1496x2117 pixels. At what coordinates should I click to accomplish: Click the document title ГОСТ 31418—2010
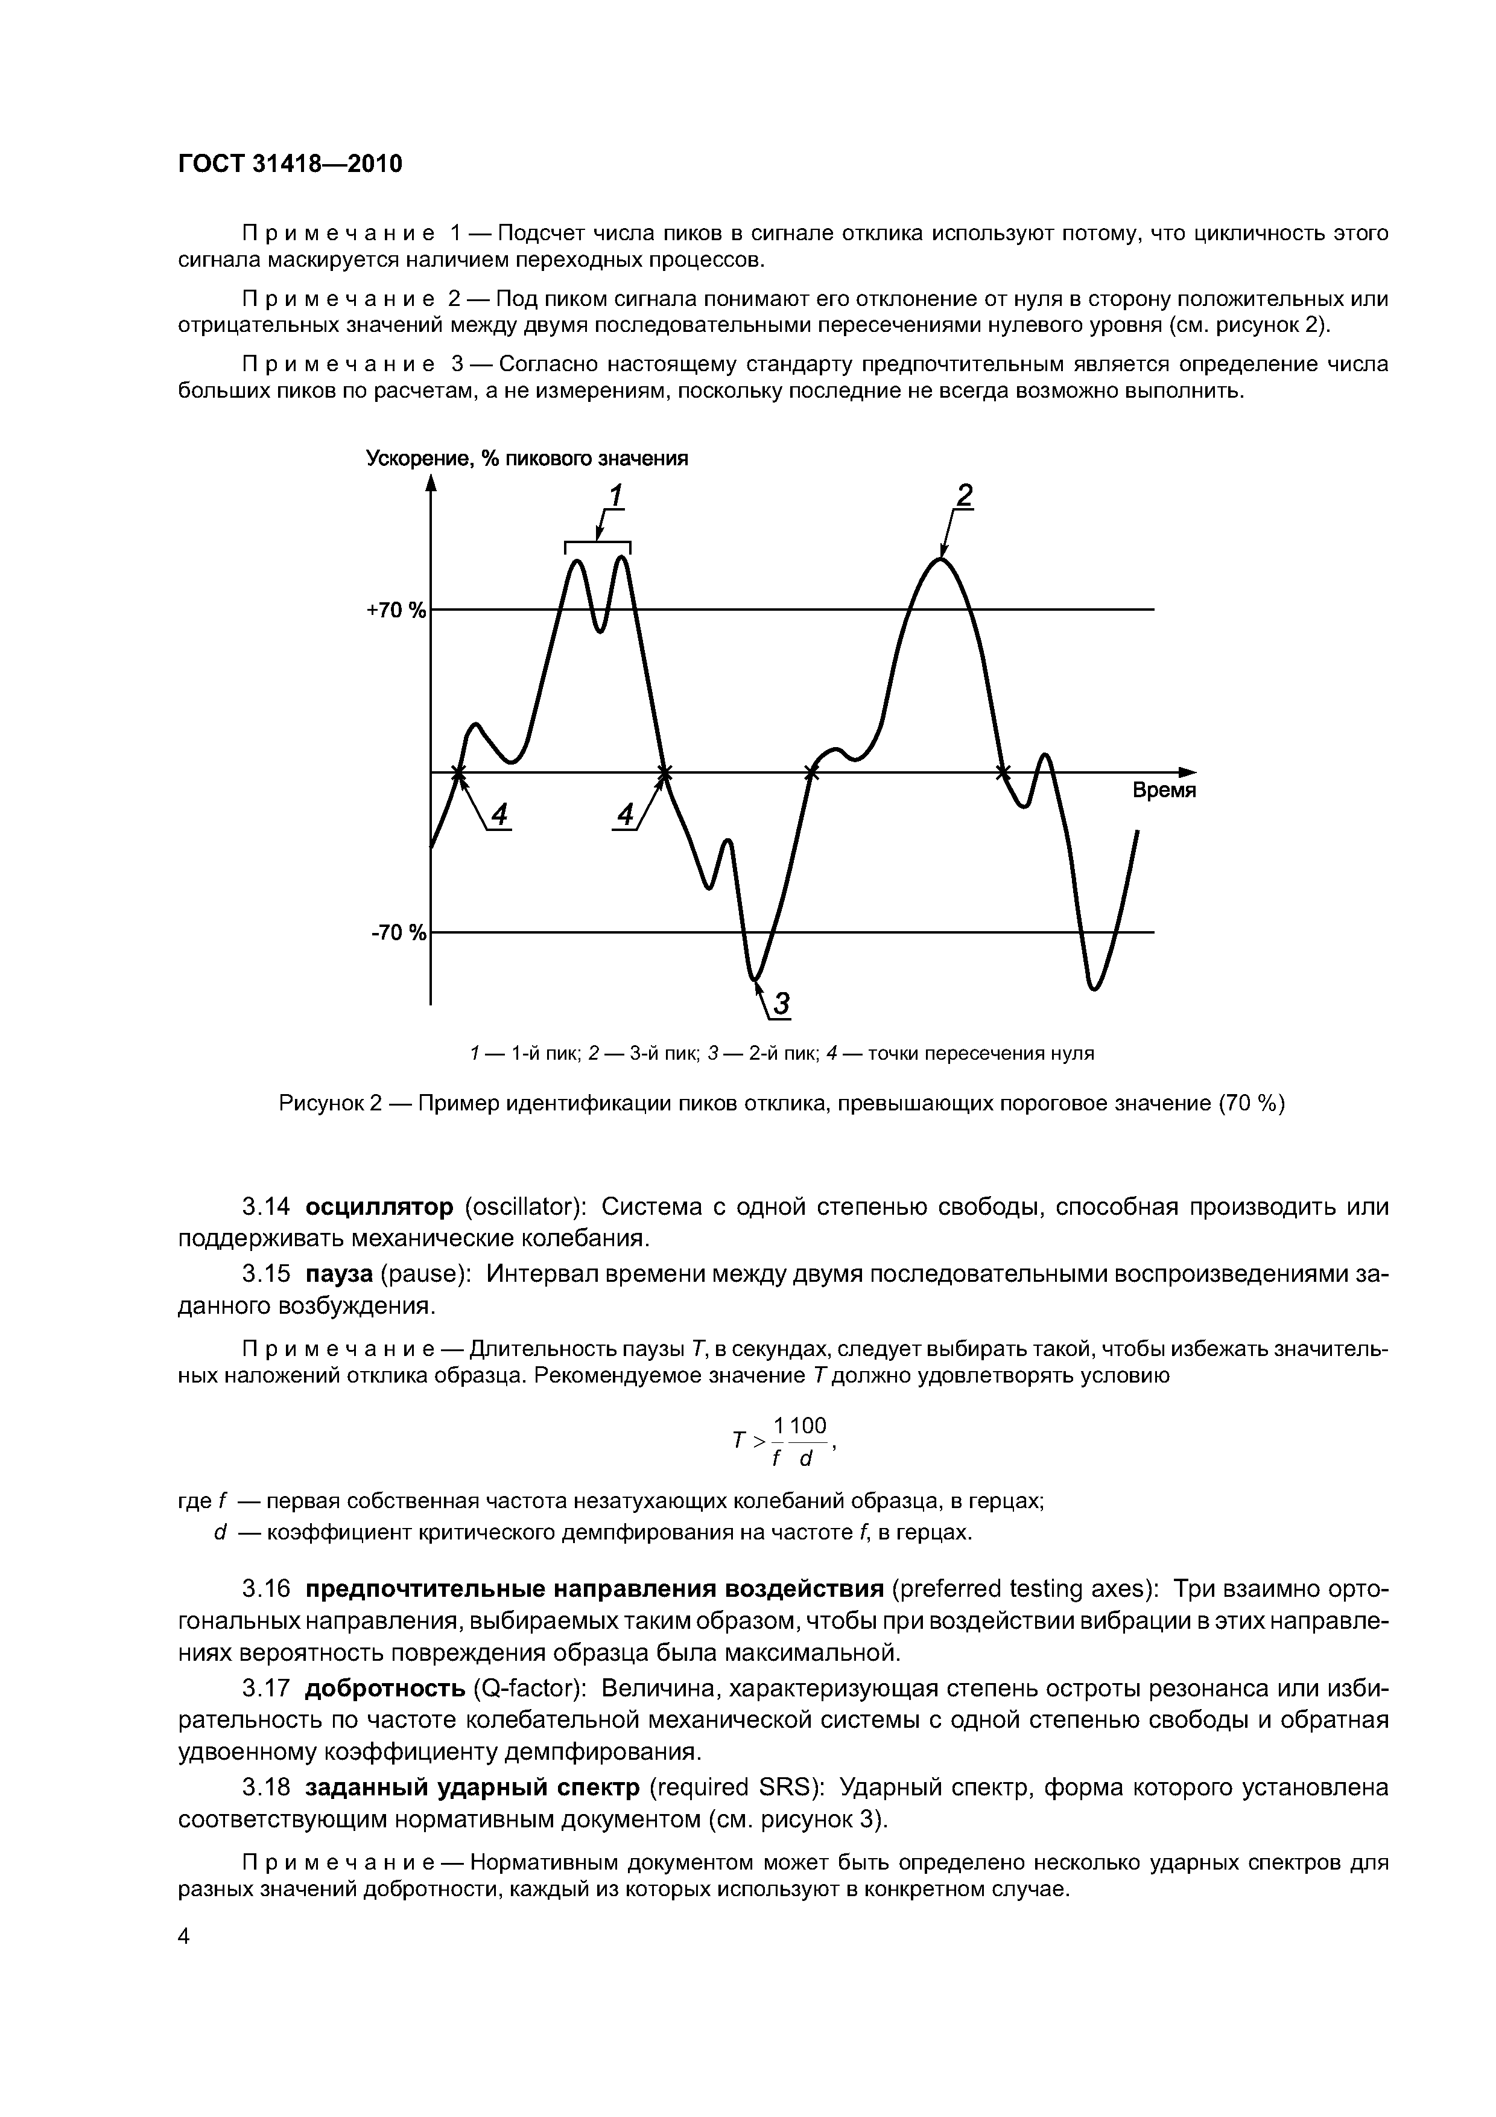[290, 164]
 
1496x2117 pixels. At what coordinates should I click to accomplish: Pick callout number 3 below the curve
[782, 1004]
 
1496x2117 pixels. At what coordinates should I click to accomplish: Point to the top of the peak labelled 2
[941, 559]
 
